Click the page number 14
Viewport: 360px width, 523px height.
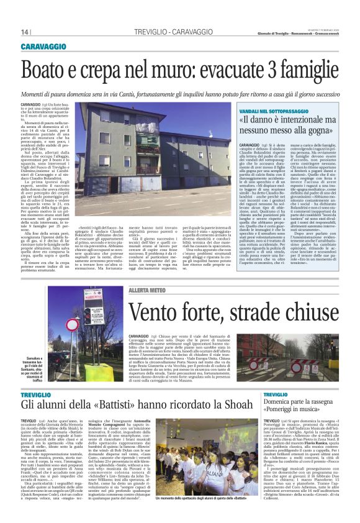pos(25,32)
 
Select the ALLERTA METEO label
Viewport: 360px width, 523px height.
pos(147,290)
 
